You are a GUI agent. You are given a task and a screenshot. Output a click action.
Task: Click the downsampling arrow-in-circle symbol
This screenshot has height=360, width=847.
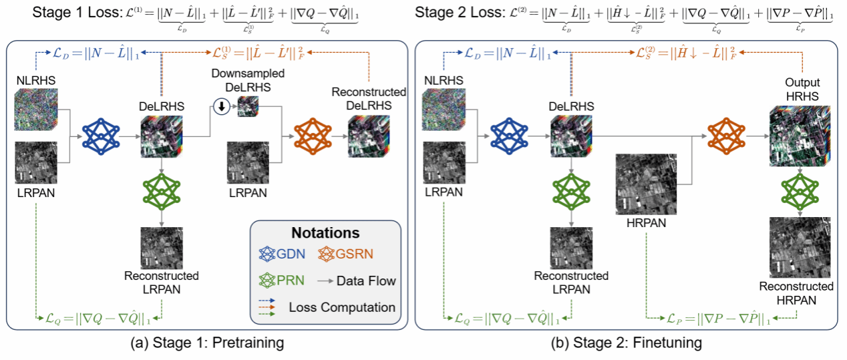pos(223,105)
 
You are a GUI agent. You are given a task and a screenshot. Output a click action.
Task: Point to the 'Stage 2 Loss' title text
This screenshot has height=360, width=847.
pos(449,12)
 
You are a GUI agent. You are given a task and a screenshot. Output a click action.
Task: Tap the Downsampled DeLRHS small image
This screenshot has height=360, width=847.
pos(248,105)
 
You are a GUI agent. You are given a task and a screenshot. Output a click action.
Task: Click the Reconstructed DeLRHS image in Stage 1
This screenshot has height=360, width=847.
pos(367,136)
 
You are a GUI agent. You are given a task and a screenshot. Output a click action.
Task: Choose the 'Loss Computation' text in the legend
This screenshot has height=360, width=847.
pos(342,307)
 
